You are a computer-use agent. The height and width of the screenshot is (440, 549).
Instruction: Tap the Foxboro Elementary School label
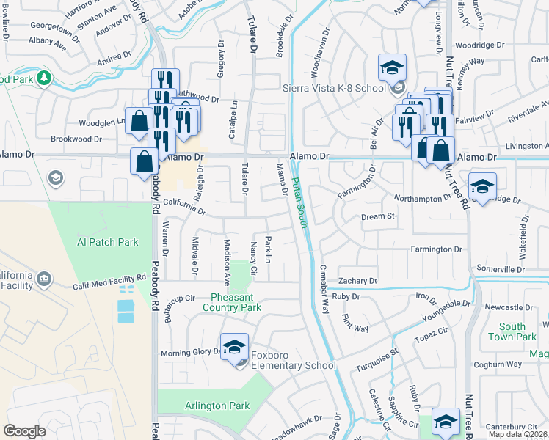pos(293,365)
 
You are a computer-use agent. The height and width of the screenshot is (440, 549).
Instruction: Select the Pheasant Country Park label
pos(236,302)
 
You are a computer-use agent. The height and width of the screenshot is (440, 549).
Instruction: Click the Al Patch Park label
pos(108,242)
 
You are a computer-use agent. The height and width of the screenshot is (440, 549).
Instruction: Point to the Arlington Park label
pos(217,406)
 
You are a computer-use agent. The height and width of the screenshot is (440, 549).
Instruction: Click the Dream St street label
pos(378,217)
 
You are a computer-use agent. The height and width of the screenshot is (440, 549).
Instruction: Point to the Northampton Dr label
pos(422,198)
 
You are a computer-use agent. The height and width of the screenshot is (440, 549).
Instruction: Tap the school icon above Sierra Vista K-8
pos(393,68)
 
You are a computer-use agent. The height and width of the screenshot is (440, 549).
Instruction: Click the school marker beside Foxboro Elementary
pos(235,346)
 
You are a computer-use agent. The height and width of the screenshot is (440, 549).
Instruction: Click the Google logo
pos(24,430)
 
